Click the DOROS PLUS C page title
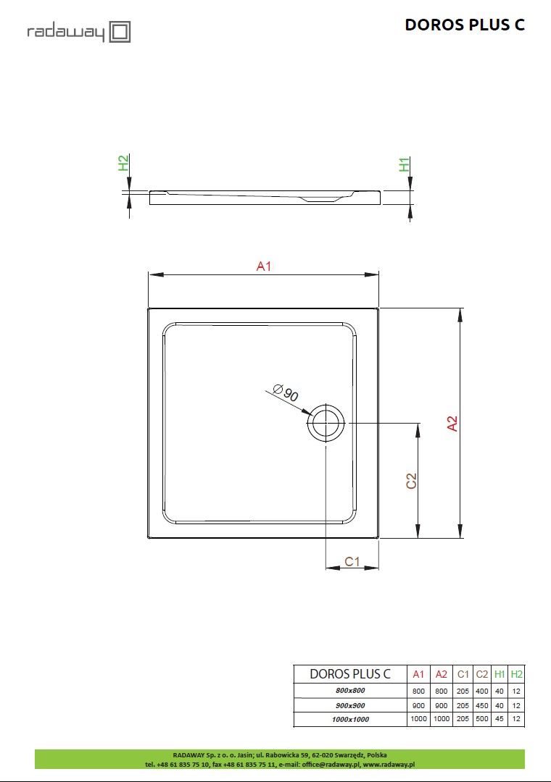click(464, 25)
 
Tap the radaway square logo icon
click(120, 32)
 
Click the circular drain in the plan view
click(326, 423)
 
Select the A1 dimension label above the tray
click(264, 266)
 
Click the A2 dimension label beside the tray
click(452, 424)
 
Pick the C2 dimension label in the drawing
click(411, 481)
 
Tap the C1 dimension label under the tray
click(352, 561)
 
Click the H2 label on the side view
click(123, 164)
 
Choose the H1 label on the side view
click(405, 164)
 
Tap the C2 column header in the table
click(482, 674)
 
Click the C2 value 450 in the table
click(482, 705)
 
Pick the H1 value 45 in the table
click(499, 719)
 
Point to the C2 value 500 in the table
click(482, 719)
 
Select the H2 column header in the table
click(516, 674)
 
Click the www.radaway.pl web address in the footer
click(389, 763)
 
